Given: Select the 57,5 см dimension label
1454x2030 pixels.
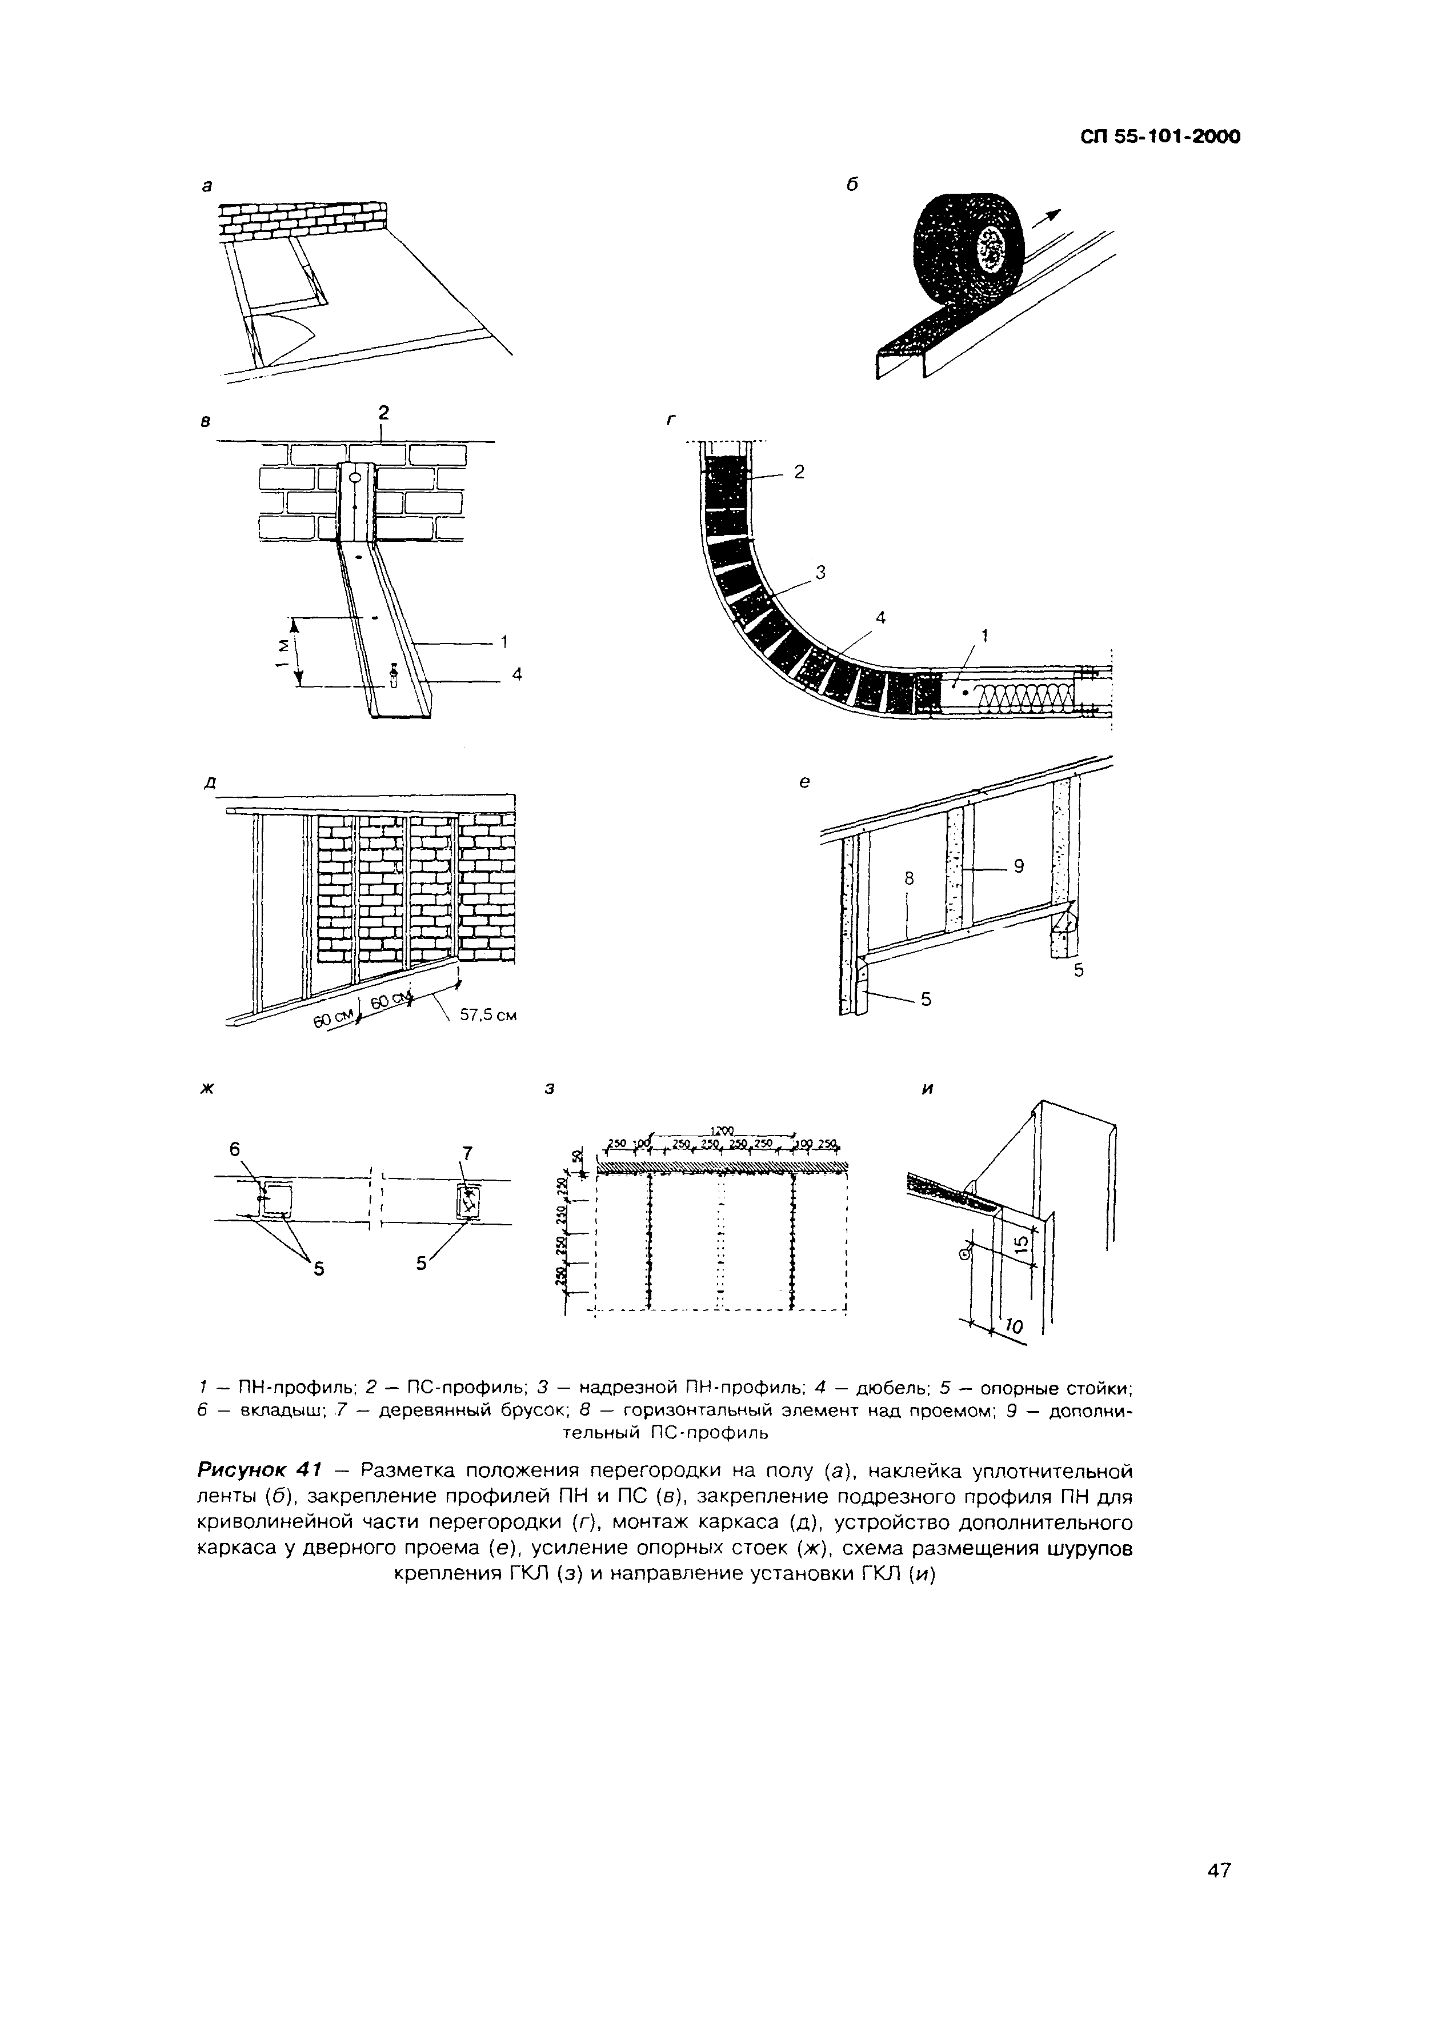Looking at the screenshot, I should pyautogui.click(x=488, y=1015).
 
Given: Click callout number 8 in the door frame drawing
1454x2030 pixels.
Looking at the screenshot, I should pyautogui.click(x=908, y=879).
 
